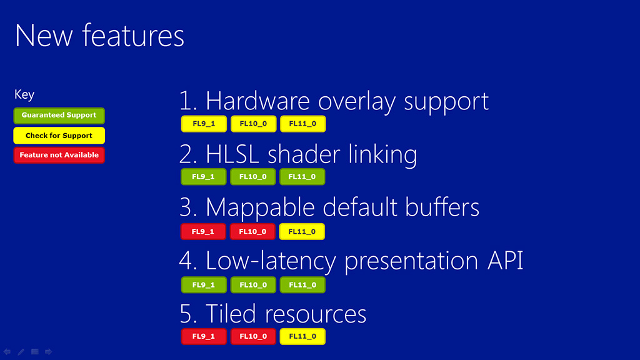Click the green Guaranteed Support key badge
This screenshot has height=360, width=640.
[x=59, y=116]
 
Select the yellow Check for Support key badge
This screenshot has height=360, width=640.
[x=59, y=136]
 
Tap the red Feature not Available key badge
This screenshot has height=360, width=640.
[x=59, y=155]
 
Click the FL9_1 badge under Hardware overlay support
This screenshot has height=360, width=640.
[x=204, y=124]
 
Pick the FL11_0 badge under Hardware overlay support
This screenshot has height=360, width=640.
[x=303, y=124]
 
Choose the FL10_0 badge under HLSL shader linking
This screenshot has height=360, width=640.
[x=253, y=177]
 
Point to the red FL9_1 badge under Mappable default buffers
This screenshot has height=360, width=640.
[x=203, y=231]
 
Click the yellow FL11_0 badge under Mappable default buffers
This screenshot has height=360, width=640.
[x=302, y=231]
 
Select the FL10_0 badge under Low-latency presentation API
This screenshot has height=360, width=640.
[x=254, y=285]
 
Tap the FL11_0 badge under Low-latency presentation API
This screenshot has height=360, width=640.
[x=303, y=285]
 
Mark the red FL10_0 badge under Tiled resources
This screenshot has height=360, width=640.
[x=254, y=336]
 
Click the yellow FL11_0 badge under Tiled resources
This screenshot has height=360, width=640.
[x=303, y=336]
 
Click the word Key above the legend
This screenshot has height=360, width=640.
[x=24, y=95]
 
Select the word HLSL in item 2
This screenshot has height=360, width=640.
[x=232, y=154]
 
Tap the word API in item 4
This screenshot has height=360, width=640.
[x=506, y=261]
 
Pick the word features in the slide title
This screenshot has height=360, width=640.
[x=134, y=35]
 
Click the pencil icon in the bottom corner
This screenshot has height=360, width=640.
[x=21, y=352]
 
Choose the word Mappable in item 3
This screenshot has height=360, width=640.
[x=261, y=208]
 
